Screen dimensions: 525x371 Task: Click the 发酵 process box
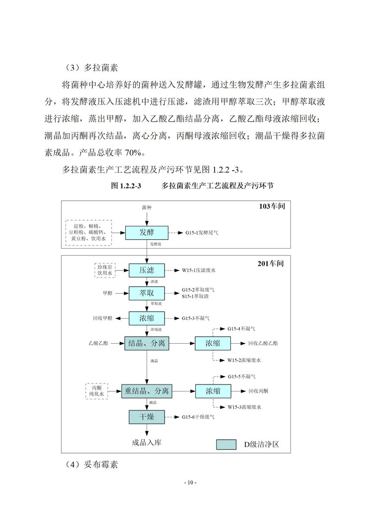(x=147, y=232)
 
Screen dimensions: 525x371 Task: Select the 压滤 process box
(x=147, y=270)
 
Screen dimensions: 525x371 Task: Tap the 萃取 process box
(x=147, y=293)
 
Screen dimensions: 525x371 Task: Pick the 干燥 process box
(x=147, y=417)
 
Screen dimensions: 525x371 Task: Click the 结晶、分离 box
(x=147, y=344)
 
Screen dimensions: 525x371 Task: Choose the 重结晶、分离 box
(x=147, y=391)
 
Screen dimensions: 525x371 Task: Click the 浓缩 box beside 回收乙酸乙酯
(x=213, y=344)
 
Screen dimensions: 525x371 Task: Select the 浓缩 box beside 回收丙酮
(x=213, y=391)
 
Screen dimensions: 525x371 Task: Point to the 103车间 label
(x=272, y=206)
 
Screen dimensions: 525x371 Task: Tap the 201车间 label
(x=271, y=264)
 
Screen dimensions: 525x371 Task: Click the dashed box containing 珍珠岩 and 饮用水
(x=105, y=270)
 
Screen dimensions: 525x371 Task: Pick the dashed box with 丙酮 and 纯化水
(x=97, y=391)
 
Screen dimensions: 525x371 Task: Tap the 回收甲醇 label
(x=102, y=318)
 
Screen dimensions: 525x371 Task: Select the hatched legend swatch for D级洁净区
(x=227, y=444)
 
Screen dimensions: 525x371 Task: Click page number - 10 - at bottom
(x=190, y=483)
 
